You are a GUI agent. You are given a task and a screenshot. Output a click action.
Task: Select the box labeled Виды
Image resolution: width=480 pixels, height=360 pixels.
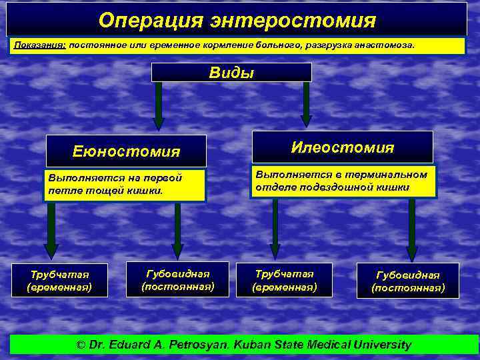coord(231,73)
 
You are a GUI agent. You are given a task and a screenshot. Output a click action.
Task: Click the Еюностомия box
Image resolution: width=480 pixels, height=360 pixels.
coord(126,151)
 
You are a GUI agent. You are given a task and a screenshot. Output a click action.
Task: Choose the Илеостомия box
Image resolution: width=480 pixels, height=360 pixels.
coord(343,147)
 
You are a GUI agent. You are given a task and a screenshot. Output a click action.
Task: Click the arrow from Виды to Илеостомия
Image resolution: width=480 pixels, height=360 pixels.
coord(306,103)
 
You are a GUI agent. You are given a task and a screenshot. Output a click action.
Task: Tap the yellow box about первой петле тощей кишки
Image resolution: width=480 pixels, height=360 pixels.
coord(125,185)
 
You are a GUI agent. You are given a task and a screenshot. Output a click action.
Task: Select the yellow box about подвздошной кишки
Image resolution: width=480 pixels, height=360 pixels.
coord(343,181)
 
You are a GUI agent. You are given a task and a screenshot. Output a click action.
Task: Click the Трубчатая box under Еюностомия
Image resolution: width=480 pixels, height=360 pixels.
coord(59,281)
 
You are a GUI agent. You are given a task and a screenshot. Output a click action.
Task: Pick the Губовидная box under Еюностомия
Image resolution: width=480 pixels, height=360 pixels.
coord(178,279)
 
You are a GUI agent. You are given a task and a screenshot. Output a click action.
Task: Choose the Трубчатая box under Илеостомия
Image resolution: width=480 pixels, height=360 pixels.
coord(285,280)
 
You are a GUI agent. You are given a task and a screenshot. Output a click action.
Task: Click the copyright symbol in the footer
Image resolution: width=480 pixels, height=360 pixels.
coord(81,345)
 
